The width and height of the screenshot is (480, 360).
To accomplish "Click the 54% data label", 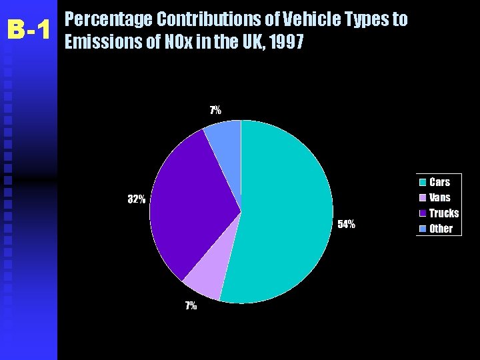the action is coord(346,225).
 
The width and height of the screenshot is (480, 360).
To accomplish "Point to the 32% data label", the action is coord(137,199).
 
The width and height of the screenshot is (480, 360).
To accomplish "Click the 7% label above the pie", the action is coord(215,110).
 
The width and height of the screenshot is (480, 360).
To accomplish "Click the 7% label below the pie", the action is coord(191,305).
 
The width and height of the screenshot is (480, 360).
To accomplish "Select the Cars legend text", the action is coord(439,182).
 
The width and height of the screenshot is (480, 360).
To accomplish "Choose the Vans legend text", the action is coord(439,197).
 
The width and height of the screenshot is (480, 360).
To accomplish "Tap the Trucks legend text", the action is coord(444,213).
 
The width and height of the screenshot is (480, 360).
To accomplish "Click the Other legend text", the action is coord(441,229).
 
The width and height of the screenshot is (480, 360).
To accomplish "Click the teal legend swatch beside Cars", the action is coord(423,182).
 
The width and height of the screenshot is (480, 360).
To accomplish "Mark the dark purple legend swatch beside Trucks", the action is coord(423,213).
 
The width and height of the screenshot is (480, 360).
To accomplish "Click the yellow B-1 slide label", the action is coord(29,30).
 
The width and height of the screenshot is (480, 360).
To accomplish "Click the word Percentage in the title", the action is coord(109,19).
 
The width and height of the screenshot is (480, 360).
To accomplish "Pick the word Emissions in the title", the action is coord(103,41).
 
